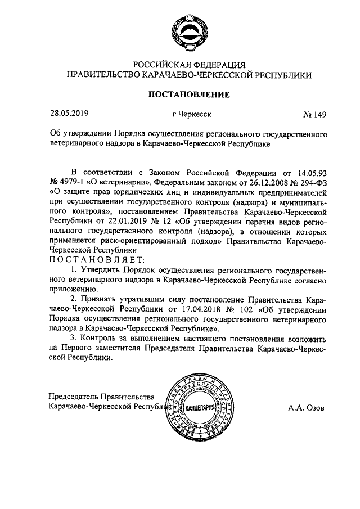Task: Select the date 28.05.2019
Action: (x=69, y=114)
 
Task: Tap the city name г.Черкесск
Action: (x=192, y=115)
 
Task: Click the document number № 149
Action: (x=315, y=115)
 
